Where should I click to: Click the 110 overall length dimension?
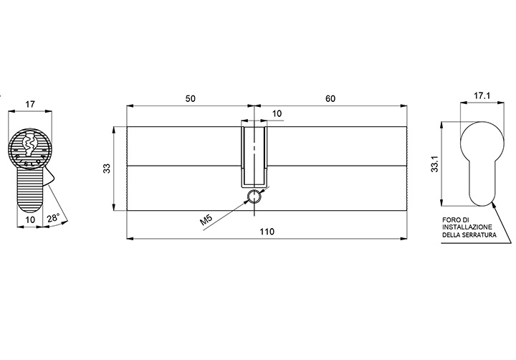point(267,232)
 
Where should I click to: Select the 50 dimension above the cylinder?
point(190,98)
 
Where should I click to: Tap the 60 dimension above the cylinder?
point(330,98)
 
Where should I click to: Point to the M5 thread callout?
point(207,219)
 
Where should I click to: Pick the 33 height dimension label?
point(107,169)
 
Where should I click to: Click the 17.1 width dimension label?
point(482,95)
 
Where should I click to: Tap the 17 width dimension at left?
point(30,105)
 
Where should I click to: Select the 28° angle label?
point(53,218)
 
